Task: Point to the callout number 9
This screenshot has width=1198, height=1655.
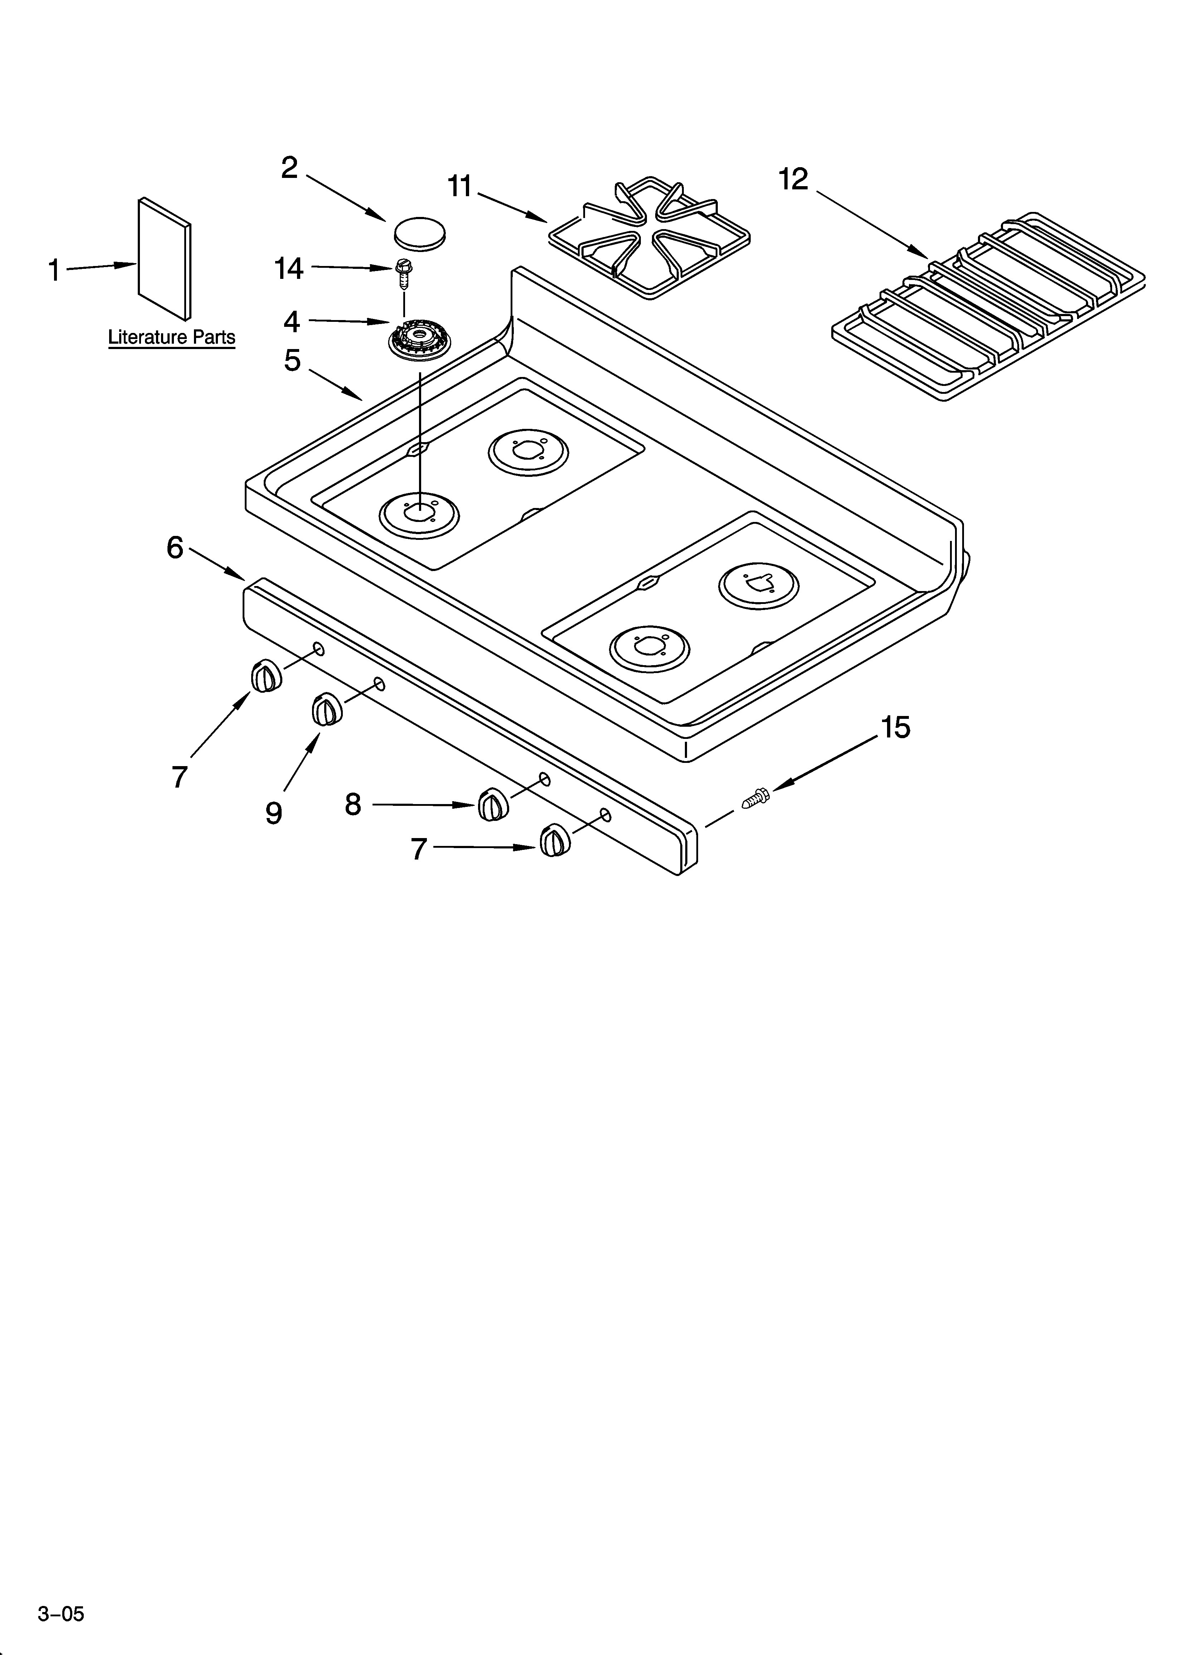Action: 274,812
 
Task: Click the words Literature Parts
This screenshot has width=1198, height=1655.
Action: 171,337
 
